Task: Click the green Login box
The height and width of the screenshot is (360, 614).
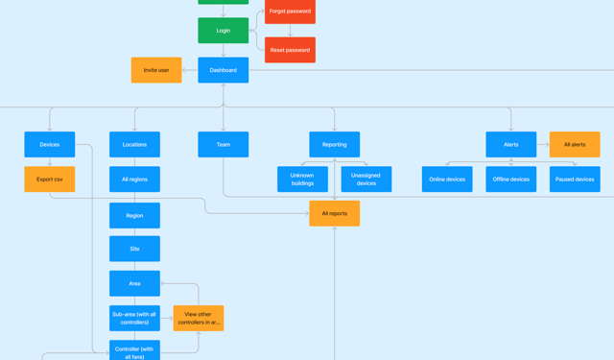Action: tap(223, 31)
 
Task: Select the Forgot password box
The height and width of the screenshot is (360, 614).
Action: tap(290, 12)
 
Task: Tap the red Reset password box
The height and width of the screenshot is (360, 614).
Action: tap(290, 50)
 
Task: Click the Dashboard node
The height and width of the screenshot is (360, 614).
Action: tap(223, 70)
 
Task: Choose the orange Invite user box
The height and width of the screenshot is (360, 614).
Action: tap(156, 70)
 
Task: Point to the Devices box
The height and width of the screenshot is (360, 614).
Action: tap(50, 145)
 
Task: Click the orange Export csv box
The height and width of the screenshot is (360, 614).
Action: tap(50, 180)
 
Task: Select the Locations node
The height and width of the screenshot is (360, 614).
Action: tap(134, 145)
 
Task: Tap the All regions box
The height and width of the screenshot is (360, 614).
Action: tap(134, 180)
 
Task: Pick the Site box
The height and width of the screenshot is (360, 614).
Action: tap(134, 249)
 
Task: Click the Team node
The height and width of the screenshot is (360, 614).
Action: tap(223, 145)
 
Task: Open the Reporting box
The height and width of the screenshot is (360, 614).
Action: tap(334, 145)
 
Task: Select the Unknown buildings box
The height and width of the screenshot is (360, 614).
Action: tap(302, 180)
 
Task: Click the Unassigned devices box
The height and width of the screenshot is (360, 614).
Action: tap(366, 180)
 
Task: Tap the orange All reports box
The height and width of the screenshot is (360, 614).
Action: tap(334, 213)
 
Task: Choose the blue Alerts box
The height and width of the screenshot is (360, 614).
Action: tap(510, 145)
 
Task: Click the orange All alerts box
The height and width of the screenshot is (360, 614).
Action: tap(575, 145)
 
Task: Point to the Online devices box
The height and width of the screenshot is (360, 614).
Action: tap(447, 180)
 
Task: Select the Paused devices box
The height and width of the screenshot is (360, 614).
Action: tap(575, 180)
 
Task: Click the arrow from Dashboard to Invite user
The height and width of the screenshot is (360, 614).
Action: tap(190, 70)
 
